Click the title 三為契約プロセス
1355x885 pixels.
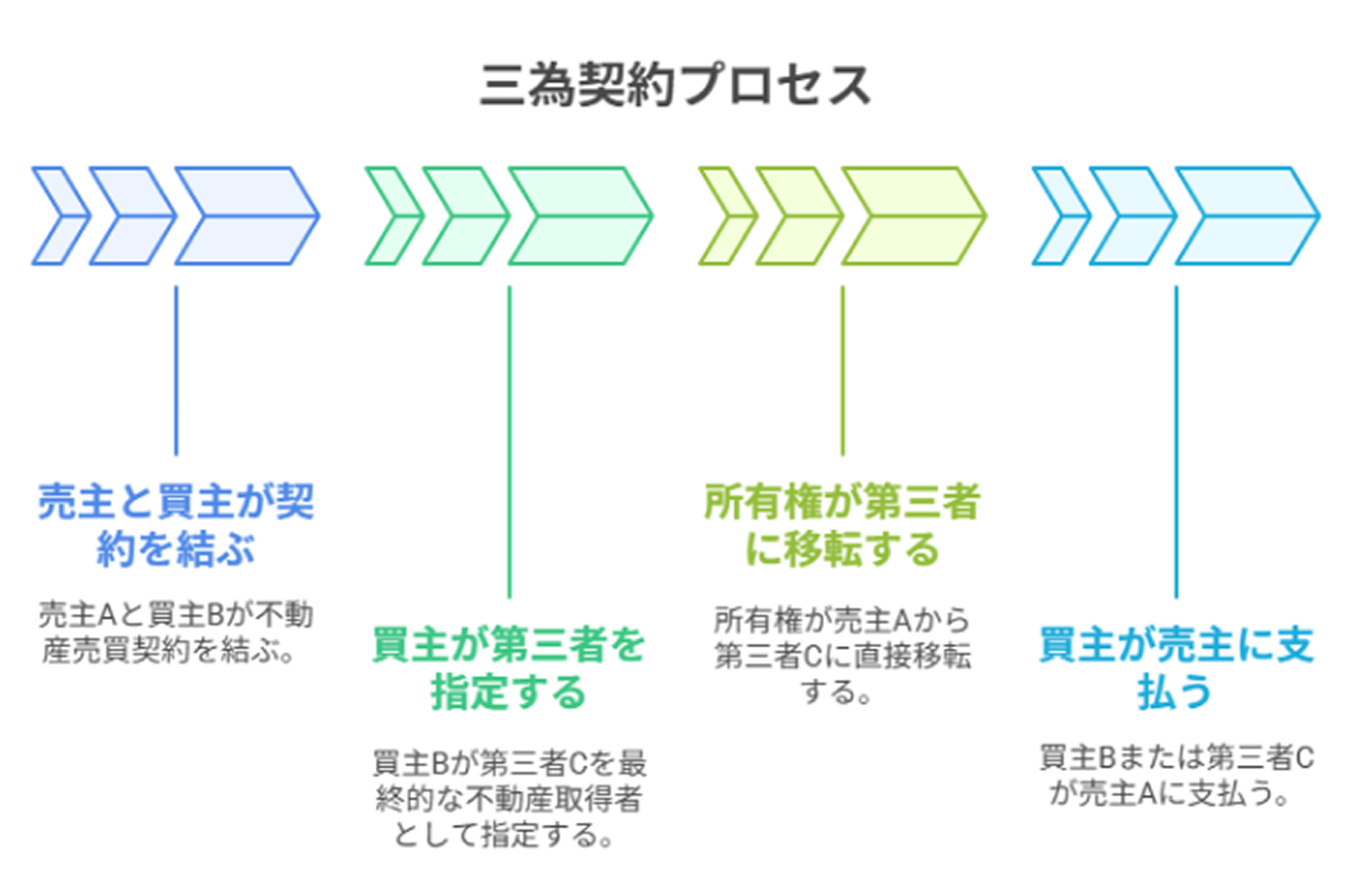tap(675, 86)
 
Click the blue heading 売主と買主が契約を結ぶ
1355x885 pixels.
tap(176, 525)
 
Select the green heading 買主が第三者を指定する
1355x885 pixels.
tap(509, 668)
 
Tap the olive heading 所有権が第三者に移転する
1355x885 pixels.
tap(842, 525)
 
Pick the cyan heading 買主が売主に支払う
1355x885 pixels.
tap(1176, 668)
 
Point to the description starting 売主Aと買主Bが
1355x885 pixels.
tap(176, 632)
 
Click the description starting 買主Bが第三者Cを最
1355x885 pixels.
tap(509, 799)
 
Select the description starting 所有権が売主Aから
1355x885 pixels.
tap(842, 656)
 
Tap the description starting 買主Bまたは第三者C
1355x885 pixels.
tap(1177, 775)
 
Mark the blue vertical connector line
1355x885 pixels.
tap(176, 370)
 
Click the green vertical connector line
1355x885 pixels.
tap(509, 442)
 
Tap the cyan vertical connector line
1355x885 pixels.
tap(1177, 442)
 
